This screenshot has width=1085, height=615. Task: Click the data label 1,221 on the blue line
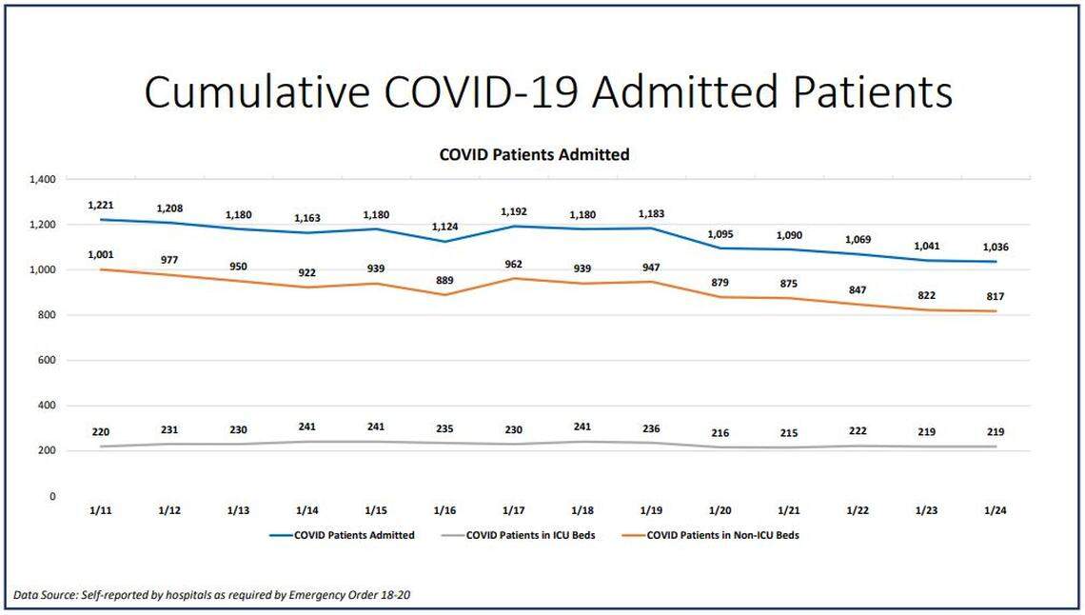100,205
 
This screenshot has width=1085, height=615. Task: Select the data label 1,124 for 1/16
444,227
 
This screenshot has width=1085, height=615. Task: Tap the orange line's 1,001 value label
100,255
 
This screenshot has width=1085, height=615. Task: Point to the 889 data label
444,281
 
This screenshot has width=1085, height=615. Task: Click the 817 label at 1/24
996,297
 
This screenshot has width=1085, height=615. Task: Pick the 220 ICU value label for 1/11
100,431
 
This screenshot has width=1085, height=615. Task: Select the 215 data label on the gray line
789,433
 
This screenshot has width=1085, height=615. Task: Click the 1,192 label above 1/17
514,212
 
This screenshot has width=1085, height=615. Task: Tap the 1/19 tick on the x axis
651,510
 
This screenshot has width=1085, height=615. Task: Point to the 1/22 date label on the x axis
858,510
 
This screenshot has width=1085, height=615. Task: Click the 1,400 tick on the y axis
44,180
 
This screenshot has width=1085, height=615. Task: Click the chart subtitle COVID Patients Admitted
534,154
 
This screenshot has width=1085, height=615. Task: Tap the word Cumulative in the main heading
257,93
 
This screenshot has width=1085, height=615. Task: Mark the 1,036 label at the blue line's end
996,248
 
